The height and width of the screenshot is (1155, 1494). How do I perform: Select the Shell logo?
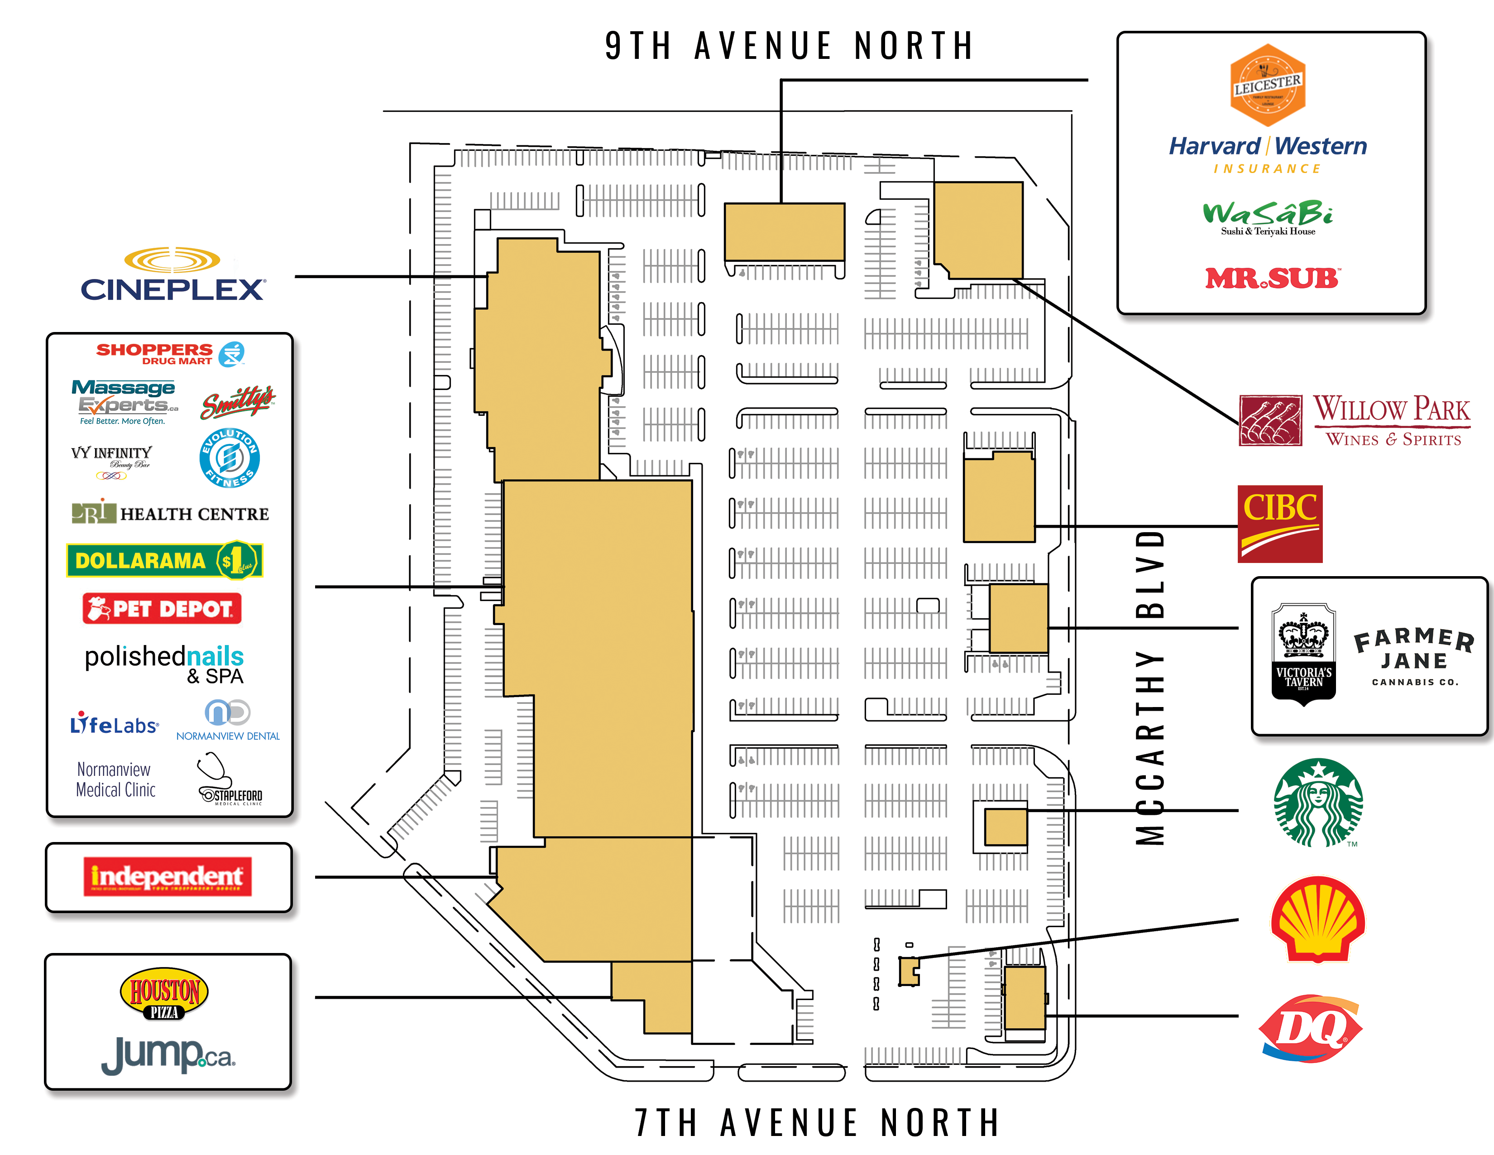click(x=1317, y=919)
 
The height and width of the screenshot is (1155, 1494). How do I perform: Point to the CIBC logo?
click(x=1280, y=524)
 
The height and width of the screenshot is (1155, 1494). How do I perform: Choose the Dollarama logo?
click(x=165, y=560)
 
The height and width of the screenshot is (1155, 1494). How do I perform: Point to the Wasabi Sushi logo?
click(x=1268, y=217)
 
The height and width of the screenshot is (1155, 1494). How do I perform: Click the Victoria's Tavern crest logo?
click(x=1303, y=654)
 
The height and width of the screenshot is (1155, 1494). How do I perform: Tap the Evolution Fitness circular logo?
click(x=229, y=458)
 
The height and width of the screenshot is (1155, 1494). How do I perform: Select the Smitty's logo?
click(x=237, y=402)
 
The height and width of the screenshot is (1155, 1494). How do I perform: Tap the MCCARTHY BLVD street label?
click(x=1150, y=687)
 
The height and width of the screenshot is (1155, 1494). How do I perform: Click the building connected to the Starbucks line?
click(x=1006, y=827)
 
